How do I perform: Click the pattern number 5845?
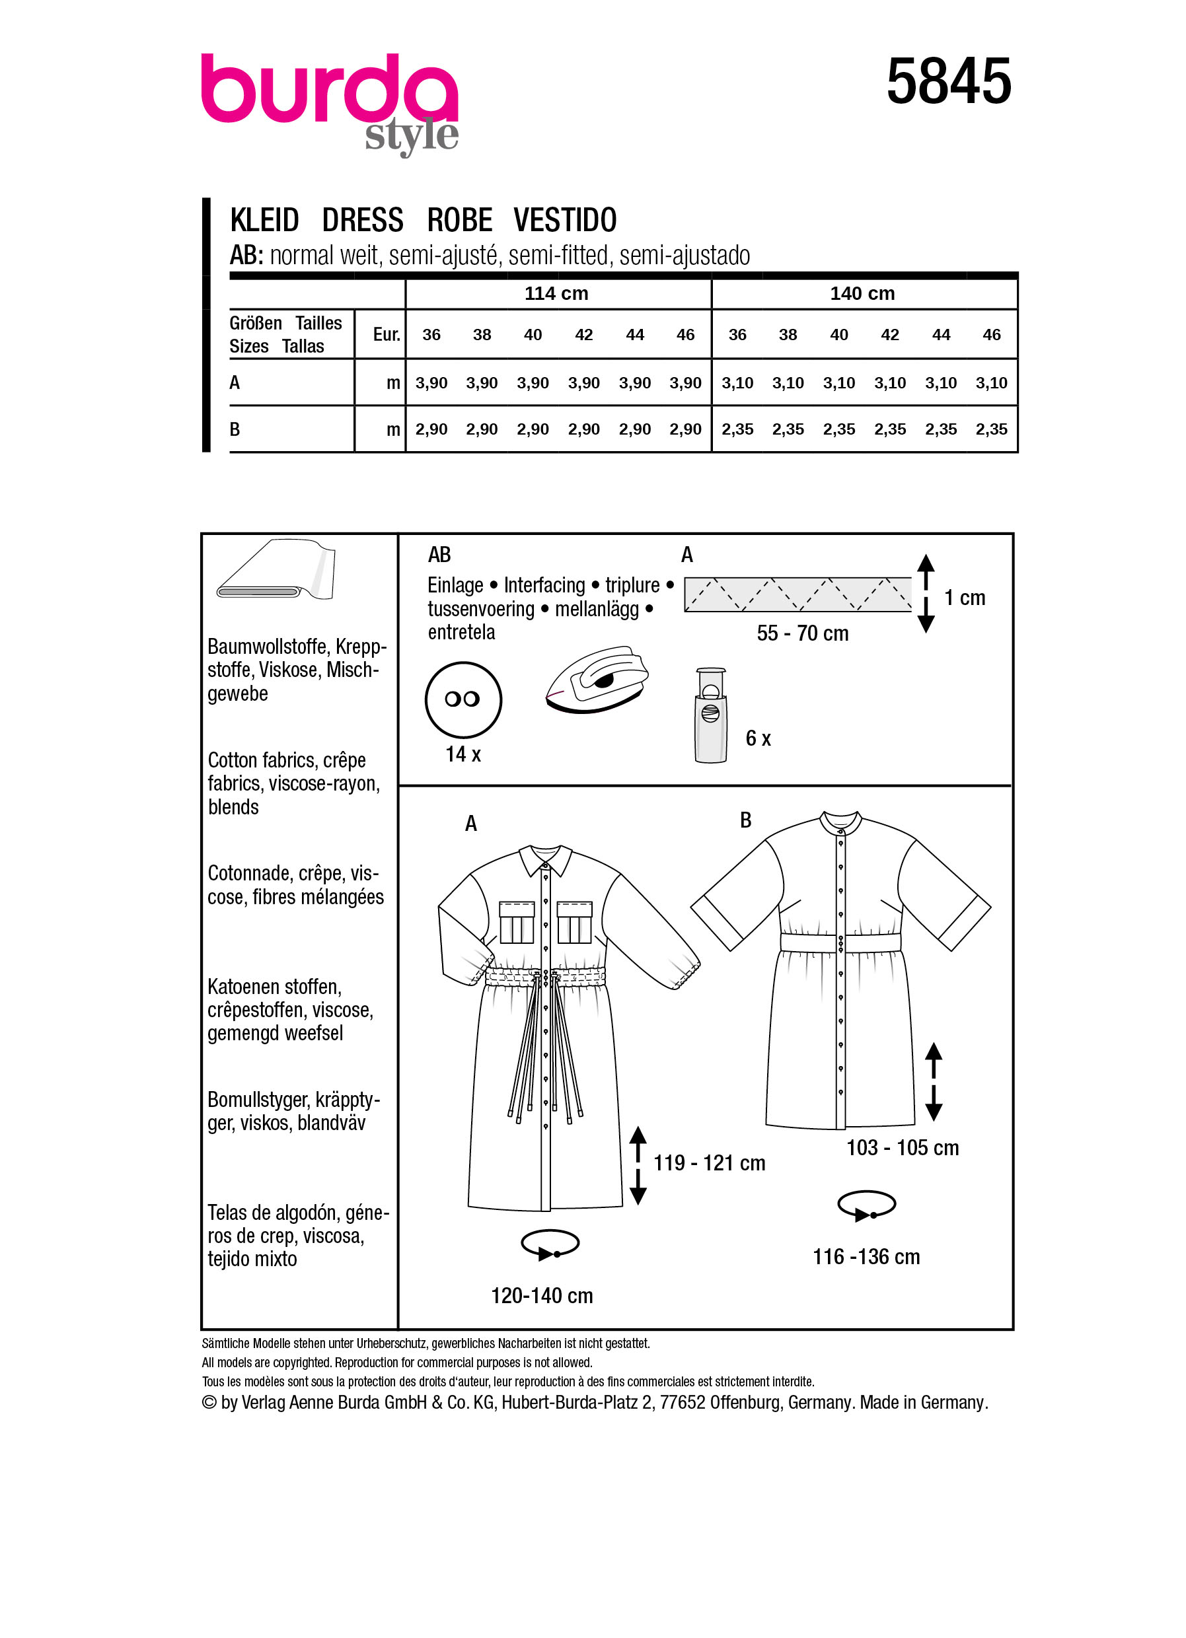pos(947,82)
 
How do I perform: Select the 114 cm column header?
pos(556,293)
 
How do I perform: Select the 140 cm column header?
pos(862,293)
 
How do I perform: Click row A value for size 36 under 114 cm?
pos(431,383)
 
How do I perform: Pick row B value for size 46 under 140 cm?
pos(991,429)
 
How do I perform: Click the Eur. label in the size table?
pos(386,334)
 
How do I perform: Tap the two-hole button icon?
pos(463,699)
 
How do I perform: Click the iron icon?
pos(597,680)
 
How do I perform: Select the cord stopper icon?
pos(710,715)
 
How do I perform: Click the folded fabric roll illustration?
pos(277,571)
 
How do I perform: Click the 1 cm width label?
pos(964,598)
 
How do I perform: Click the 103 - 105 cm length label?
pos(902,1148)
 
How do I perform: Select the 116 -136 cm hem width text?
pos(866,1257)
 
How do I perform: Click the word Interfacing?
pos(544,585)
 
